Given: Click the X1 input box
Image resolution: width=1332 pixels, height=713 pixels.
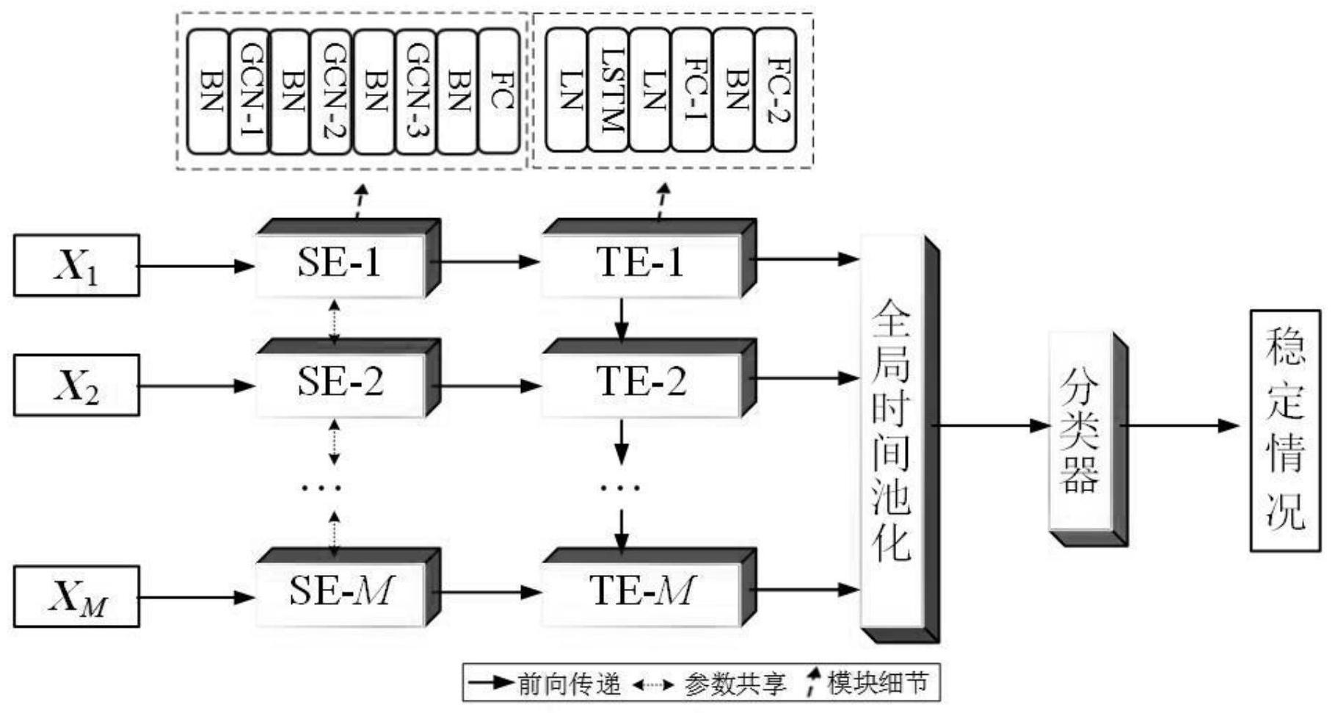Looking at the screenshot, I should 76,265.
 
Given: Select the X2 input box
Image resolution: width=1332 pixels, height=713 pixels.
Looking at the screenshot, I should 76,385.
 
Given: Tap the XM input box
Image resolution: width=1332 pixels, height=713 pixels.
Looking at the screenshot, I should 76,596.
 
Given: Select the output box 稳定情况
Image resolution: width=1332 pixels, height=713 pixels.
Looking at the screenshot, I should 1284,430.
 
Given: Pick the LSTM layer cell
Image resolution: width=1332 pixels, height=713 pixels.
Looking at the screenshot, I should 609,90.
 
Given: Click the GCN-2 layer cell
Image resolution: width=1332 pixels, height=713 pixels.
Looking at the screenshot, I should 332,91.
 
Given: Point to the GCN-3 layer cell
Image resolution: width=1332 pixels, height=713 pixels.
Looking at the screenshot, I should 415,91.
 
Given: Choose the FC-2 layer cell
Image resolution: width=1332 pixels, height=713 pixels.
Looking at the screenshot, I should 775,90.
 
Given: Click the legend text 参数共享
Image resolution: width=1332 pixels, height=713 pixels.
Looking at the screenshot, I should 734,684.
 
